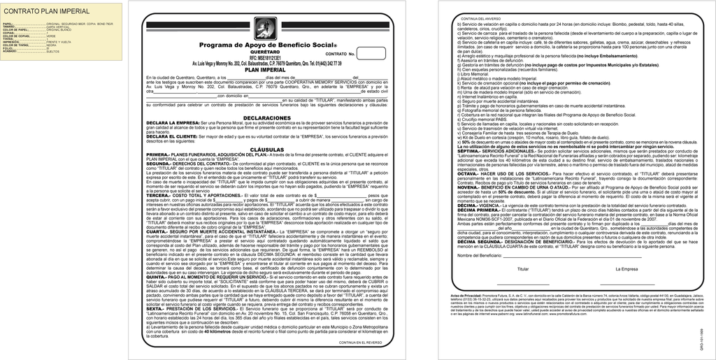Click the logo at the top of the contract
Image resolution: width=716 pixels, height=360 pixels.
(x=265, y=28)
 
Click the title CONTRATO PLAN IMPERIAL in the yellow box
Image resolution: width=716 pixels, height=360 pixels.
(x=47, y=12)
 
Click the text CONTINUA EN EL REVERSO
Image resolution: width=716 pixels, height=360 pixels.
(x=360, y=343)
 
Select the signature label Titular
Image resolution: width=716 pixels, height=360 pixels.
(x=523, y=269)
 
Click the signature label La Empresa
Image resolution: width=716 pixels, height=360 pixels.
(x=626, y=269)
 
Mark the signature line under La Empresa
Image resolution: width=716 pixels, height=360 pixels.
(x=626, y=285)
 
